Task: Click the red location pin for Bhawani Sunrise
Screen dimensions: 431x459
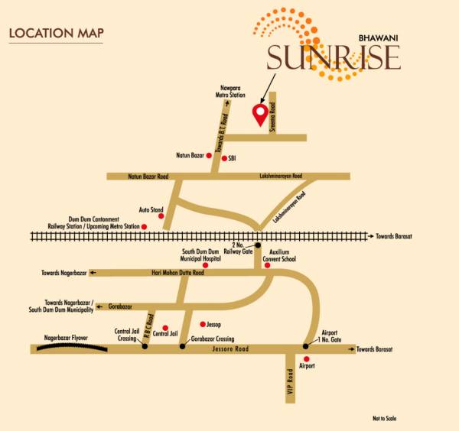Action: tap(260, 115)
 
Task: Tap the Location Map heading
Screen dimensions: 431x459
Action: tap(56, 33)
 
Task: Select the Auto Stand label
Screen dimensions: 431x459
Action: tap(150, 209)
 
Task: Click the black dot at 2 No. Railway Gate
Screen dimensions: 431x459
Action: tap(258, 245)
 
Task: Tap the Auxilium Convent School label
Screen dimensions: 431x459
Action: tap(283, 254)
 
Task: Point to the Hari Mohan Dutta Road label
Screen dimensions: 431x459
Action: tap(177, 273)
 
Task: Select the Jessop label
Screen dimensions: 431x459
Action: tap(214, 325)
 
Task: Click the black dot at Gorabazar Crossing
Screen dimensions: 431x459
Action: tap(182, 346)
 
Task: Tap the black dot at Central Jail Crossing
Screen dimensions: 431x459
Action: tap(145, 346)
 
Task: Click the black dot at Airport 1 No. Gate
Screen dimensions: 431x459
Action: tap(306, 345)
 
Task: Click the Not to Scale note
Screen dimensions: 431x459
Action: tap(386, 418)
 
